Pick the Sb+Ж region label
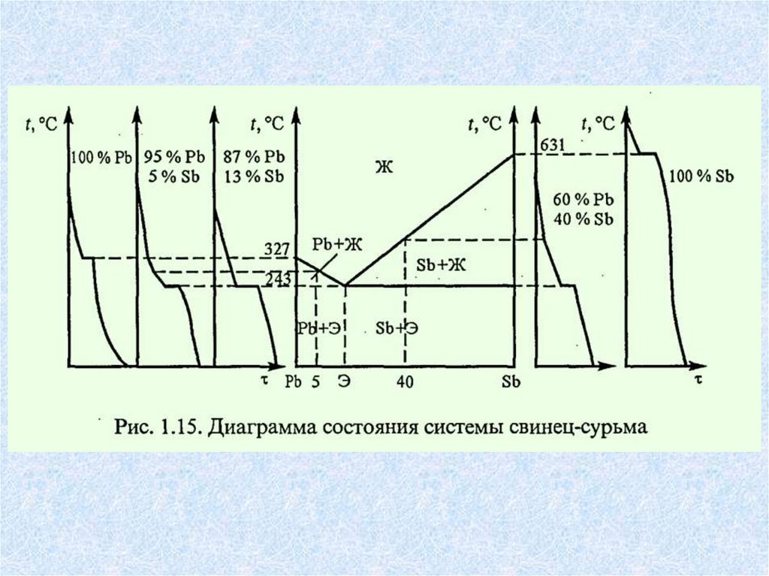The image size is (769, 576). tap(436, 268)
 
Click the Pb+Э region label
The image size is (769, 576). tap(315, 328)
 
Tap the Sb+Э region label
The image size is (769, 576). tap(397, 328)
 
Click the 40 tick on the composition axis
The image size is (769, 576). tap(406, 381)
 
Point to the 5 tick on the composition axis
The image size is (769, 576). tap(316, 381)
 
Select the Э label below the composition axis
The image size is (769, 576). tap(345, 381)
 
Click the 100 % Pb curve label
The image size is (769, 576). tap(101, 158)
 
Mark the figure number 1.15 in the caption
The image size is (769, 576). tap(176, 429)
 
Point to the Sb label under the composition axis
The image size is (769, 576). tap(511, 381)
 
